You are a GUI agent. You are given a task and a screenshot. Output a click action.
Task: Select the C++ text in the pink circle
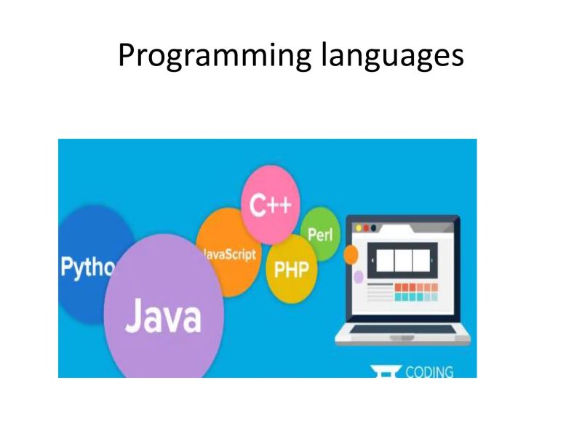(x=270, y=206)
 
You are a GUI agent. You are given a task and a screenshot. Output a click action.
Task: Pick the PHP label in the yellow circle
(x=291, y=270)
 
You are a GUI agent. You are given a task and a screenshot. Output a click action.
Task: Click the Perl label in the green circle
(x=319, y=235)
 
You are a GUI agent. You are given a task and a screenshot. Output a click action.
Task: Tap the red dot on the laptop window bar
(x=366, y=227)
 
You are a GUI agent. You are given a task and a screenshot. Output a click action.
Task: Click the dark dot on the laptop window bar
(x=374, y=227)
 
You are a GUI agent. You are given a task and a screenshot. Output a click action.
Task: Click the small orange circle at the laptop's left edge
(x=351, y=255)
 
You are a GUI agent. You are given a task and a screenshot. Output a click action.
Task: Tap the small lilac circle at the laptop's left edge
(x=358, y=277)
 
